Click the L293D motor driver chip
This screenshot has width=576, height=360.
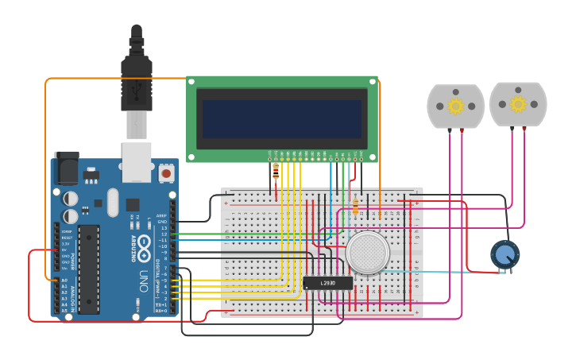pos(327,283)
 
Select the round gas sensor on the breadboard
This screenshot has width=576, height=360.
pos(367,253)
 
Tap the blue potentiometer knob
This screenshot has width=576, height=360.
pos(504,254)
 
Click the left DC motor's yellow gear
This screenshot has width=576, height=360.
pos(455,106)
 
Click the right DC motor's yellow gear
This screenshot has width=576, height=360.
pos(518,104)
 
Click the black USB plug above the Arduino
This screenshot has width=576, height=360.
pos(136,83)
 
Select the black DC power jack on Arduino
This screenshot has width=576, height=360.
pos(67,168)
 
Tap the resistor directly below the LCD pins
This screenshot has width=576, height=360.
pos(276,170)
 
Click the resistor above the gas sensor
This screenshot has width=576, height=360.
pos(355,207)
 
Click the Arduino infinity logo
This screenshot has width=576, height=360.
pos(144,247)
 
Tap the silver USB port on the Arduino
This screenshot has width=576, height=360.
pos(136,159)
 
